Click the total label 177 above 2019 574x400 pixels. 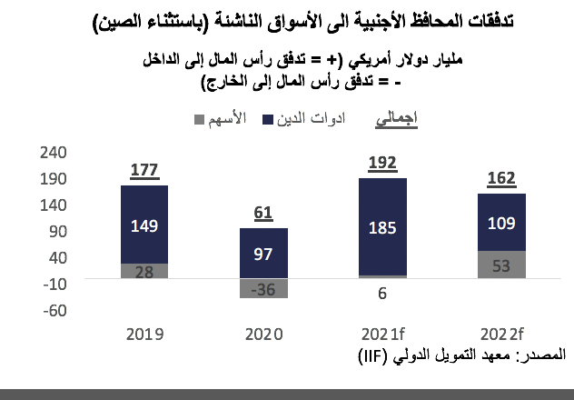click(145, 170)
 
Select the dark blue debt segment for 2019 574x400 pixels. click(145, 224)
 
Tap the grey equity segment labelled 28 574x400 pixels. click(145, 270)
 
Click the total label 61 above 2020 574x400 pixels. click(263, 213)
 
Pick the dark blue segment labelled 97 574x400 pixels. click(263, 252)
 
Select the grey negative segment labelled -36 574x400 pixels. click(263, 289)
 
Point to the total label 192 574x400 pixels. click(382, 163)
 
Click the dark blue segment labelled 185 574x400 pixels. click(382, 226)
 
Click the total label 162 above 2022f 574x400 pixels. click(501, 178)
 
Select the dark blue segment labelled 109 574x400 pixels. click(501, 221)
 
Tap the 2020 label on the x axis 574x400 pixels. click(263, 334)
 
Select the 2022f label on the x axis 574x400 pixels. click(501, 334)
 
